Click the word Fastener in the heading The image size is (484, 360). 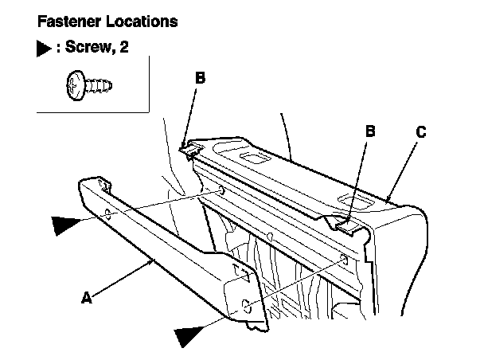[x=69, y=22]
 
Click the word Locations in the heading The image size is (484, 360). [x=142, y=22]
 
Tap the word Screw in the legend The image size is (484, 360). [x=88, y=47]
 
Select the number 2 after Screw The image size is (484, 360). [x=123, y=47]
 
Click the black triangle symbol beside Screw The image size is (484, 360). [x=44, y=49]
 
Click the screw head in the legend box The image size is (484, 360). [x=76, y=85]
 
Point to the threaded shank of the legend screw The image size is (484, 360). [x=99, y=85]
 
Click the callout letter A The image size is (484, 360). [x=87, y=298]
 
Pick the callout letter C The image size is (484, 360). [x=421, y=132]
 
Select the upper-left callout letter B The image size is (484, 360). [x=201, y=77]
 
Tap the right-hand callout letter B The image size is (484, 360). [x=370, y=131]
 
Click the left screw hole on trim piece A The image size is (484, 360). [x=107, y=213]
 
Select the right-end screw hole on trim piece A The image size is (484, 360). [x=247, y=306]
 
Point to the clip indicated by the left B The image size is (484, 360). [x=190, y=149]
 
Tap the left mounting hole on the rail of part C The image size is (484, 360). [x=221, y=190]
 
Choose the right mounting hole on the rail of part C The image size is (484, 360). [x=345, y=260]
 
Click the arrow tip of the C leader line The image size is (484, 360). [x=387, y=201]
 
